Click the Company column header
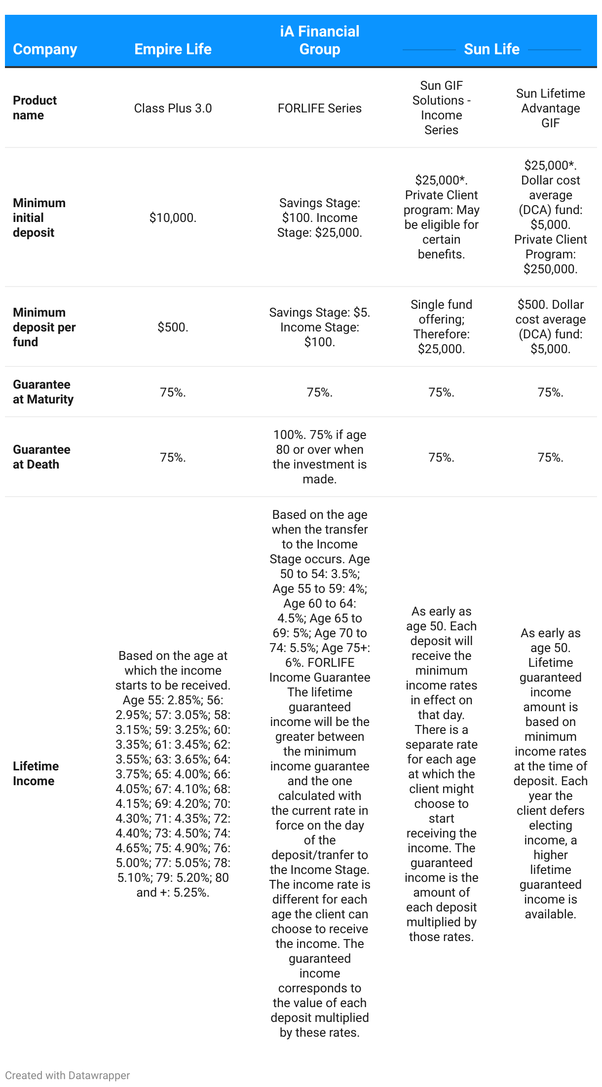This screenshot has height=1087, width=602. (x=45, y=49)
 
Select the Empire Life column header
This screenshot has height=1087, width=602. (x=173, y=49)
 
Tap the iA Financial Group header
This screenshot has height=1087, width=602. (x=320, y=40)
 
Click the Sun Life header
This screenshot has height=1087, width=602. (x=491, y=49)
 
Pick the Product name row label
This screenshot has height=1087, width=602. (x=35, y=108)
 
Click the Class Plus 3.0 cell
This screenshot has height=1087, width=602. (x=173, y=109)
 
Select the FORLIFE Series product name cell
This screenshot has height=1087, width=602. (x=320, y=109)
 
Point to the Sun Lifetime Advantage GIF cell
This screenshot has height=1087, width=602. (x=550, y=109)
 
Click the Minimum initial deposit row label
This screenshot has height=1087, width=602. (x=39, y=217)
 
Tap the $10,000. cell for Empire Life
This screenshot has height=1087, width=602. (x=173, y=218)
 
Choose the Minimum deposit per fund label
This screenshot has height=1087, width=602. (x=44, y=327)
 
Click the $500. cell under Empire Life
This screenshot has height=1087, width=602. (x=173, y=327)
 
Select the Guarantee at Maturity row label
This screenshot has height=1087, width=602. (x=43, y=392)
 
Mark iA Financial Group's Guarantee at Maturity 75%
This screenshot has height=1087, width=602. (x=320, y=393)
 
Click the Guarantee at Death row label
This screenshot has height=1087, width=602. (x=41, y=457)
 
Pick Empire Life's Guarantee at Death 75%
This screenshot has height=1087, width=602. (x=173, y=458)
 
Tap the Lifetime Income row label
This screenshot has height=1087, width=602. (x=36, y=774)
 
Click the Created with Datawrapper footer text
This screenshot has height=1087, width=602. (x=68, y=1076)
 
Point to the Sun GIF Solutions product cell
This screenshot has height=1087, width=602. (x=441, y=108)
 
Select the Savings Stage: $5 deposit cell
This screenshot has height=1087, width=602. (x=320, y=327)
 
